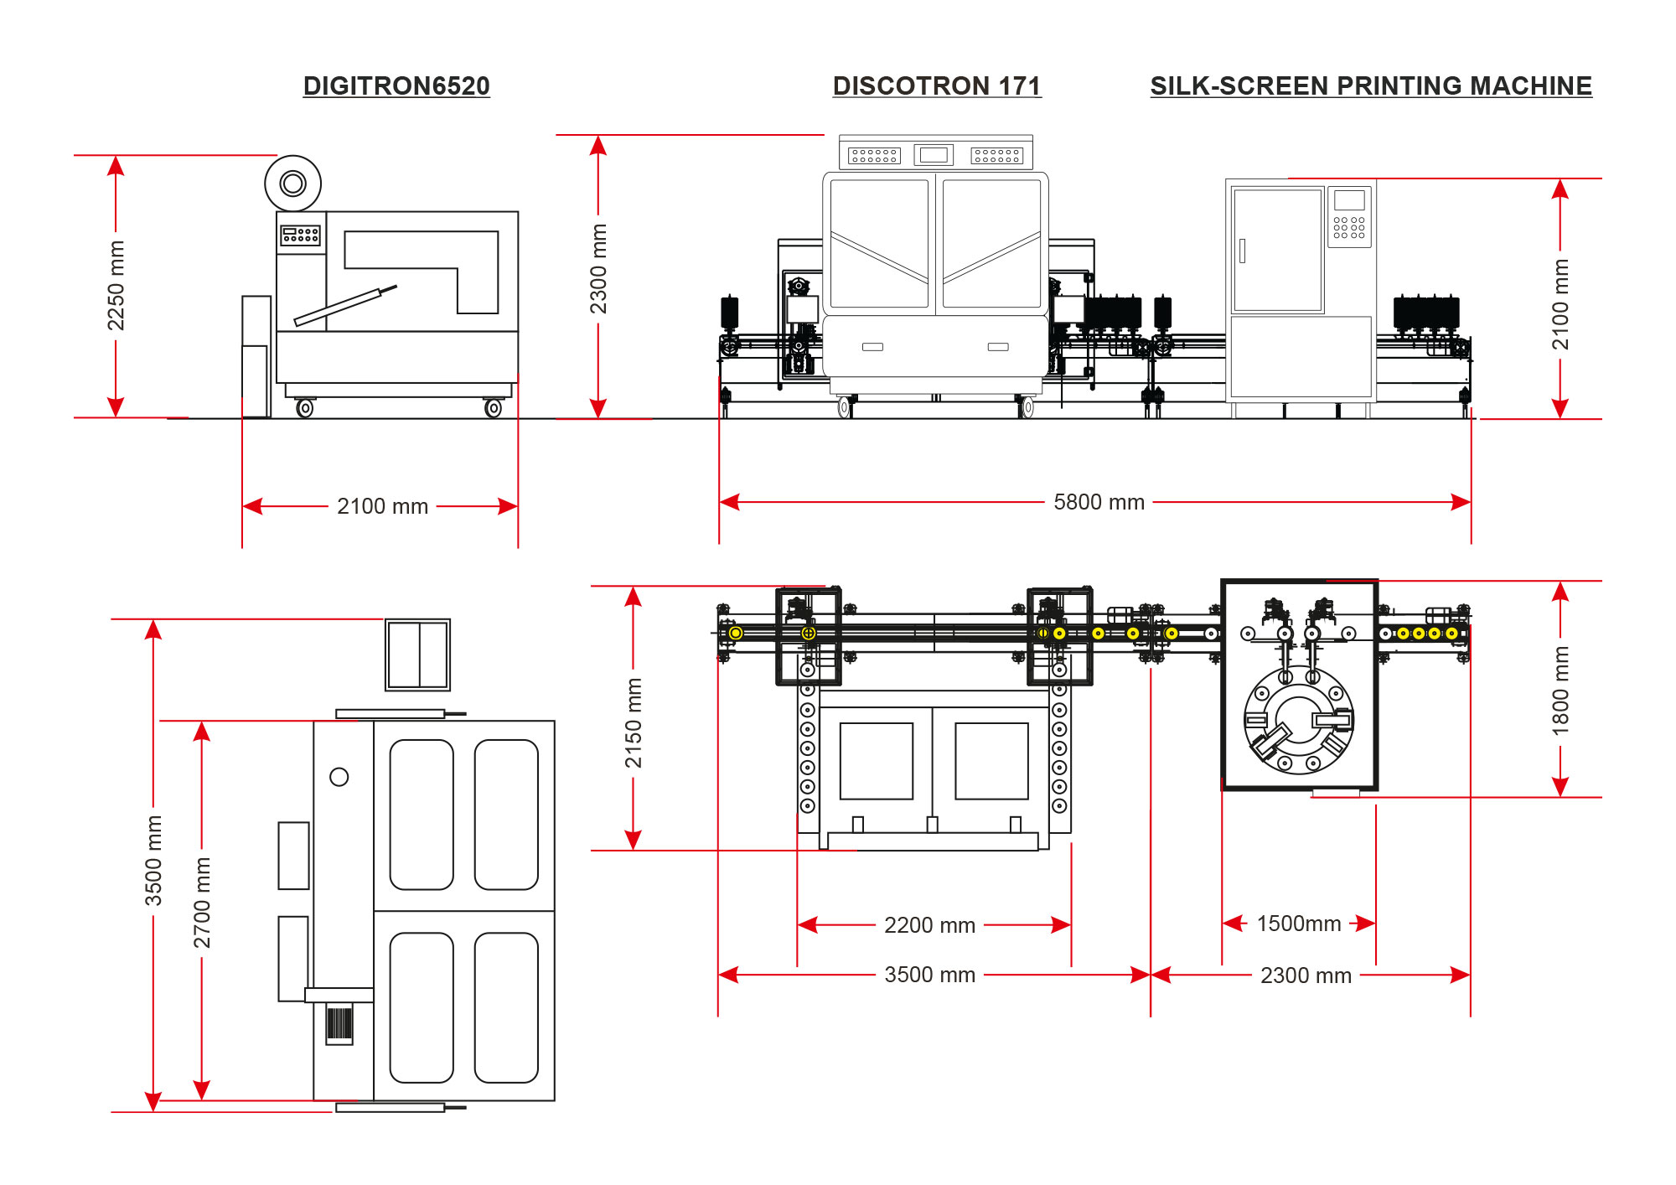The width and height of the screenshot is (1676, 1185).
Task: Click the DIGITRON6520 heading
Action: pos(396,86)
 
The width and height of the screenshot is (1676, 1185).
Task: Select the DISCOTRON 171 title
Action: pos(937,86)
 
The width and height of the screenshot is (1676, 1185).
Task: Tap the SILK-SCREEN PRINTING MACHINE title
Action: pos(1371,86)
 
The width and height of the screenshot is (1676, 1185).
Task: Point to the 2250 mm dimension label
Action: pos(116,286)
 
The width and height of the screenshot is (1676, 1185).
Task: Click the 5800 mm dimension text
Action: pos(1099,502)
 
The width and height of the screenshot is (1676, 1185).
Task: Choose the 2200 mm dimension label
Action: pos(929,925)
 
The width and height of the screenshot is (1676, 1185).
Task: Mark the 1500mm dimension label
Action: pos(1299,924)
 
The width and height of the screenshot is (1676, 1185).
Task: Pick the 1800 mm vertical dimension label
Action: pos(1560,691)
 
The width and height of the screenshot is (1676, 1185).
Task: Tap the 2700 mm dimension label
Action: pos(202,903)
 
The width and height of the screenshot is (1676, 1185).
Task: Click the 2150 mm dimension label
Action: pos(634,723)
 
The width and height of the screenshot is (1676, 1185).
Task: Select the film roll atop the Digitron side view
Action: pos(293,184)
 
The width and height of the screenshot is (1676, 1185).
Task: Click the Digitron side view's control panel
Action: pos(301,235)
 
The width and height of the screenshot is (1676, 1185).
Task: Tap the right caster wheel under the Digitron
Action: pos(494,408)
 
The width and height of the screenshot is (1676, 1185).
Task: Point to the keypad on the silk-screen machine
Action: pos(1349,227)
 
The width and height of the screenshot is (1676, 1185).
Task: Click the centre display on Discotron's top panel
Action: pos(934,155)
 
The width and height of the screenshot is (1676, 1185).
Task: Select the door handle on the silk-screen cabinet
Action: pos(1242,251)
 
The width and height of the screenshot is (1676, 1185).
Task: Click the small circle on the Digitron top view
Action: pos(339,777)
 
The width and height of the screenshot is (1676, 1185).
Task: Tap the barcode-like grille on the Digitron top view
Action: pos(339,1024)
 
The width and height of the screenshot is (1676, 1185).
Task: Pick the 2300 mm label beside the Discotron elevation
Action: pos(598,269)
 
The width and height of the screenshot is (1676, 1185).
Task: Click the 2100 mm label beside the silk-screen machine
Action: pos(1560,304)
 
